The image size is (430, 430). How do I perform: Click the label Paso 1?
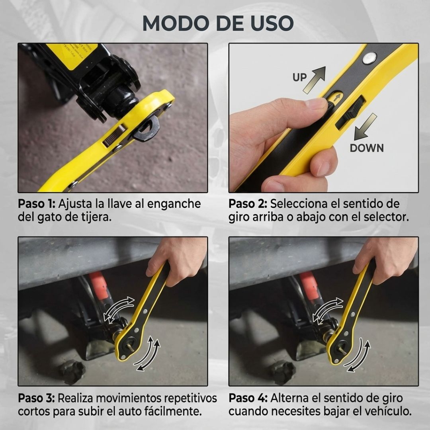click(x=37, y=204)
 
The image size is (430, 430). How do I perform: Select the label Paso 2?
click(x=248, y=204)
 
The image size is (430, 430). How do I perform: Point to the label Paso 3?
click(x=37, y=398)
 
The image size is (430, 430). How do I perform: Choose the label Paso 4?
click(x=248, y=398)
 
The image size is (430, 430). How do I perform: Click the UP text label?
click(x=299, y=78)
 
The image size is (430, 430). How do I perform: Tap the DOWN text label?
click(x=367, y=148)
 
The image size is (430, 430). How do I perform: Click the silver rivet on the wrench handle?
click(x=369, y=58)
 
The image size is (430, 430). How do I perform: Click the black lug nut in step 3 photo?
click(x=72, y=371)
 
